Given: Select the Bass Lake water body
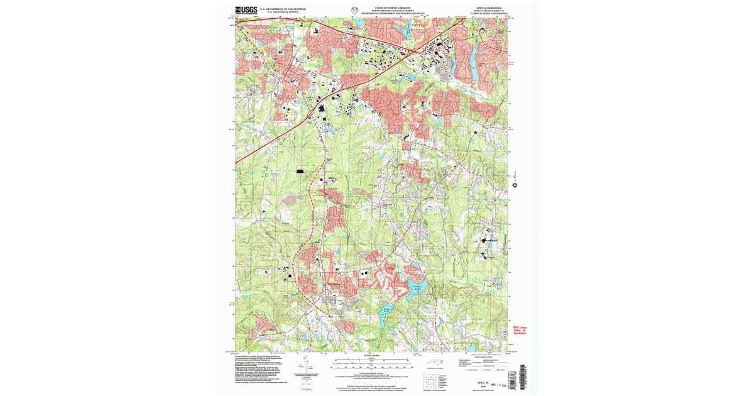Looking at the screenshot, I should click(x=388, y=309).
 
